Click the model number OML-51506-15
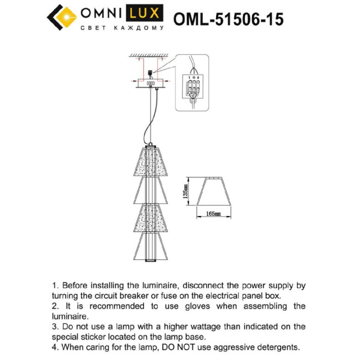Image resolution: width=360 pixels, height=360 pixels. tap(228, 19)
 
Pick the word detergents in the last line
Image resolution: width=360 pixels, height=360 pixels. tap(275, 347)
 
